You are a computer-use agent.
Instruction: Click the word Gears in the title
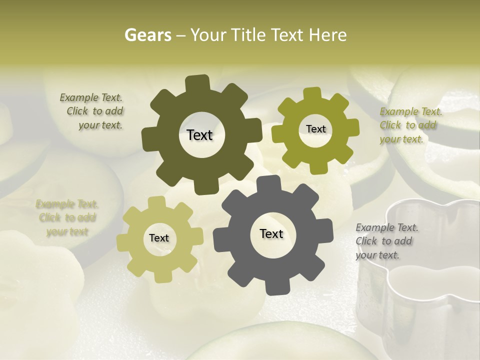147,35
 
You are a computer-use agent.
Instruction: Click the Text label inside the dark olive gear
199,135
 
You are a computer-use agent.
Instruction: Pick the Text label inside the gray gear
271,233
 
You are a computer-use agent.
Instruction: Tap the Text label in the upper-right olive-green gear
315,129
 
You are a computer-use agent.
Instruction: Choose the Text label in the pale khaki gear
159,238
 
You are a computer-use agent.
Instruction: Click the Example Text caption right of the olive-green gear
410,125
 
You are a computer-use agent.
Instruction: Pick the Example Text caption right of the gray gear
386,241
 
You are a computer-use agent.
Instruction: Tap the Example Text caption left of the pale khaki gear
67,217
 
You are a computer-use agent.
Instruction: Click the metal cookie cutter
420,280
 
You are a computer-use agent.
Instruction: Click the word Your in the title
206,35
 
